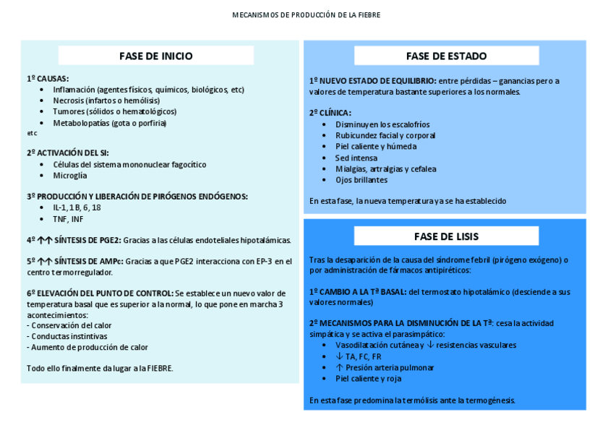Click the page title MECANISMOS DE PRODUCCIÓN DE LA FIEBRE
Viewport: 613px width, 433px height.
[x=306, y=14]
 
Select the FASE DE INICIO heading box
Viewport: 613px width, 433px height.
[x=156, y=56]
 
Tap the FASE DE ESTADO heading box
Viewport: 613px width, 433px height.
[x=446, y=56]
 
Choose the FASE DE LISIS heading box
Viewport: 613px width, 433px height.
[x=446, y=236]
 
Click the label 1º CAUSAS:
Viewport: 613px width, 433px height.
[x=48, y=78]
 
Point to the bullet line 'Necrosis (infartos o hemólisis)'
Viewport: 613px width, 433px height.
[x=106, y=100]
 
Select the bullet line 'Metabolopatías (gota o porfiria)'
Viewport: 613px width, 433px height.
[x=109, y=123]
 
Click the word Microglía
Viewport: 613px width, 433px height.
[x=69, y=175]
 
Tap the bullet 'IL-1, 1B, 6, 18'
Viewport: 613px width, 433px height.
[x=77, y=207]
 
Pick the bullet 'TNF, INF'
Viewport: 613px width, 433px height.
[x=68, y=218]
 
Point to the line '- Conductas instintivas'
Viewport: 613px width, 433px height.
[x=67, y=336]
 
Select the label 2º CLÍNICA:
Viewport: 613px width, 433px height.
[x=330, y=113]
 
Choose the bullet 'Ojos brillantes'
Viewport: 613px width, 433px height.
[x=361, y=180]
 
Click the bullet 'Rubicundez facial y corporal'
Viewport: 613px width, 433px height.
[x=385, y=135]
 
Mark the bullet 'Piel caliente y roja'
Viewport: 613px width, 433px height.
[x=369, y=378]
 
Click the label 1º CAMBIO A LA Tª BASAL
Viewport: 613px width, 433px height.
[x=358, y=291]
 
